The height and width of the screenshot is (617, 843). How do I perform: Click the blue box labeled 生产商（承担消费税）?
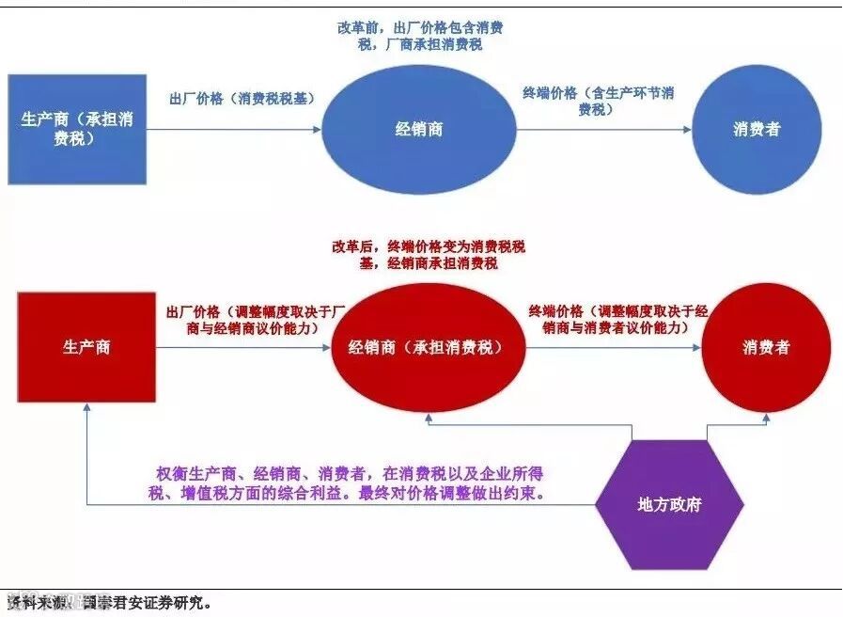[77, 129]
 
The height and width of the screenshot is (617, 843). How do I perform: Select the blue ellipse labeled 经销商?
[419, 130]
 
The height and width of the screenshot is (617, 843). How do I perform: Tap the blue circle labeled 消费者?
[757, 130]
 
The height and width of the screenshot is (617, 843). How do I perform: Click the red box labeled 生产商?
[86, 347]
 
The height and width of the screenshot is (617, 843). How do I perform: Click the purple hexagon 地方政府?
[668, 504]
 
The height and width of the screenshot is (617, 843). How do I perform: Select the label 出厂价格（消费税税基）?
[242, 98]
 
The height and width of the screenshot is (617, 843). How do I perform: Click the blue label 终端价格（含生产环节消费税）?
[599, 102]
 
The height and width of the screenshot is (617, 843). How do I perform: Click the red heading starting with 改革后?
[428, 255]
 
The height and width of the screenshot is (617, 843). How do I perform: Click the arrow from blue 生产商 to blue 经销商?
[235, 130]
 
